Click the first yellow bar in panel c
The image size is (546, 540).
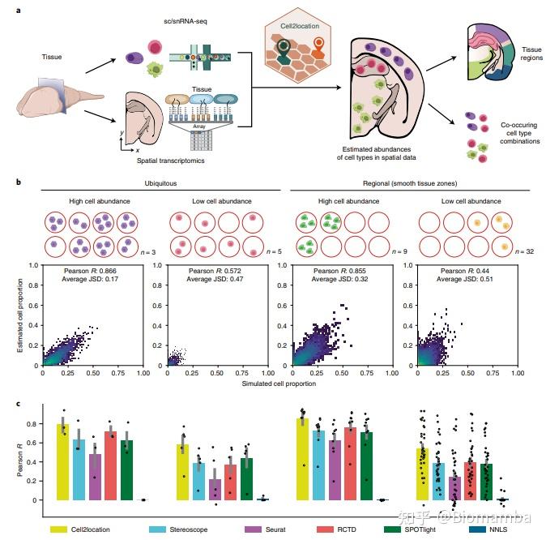coord(62,462)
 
